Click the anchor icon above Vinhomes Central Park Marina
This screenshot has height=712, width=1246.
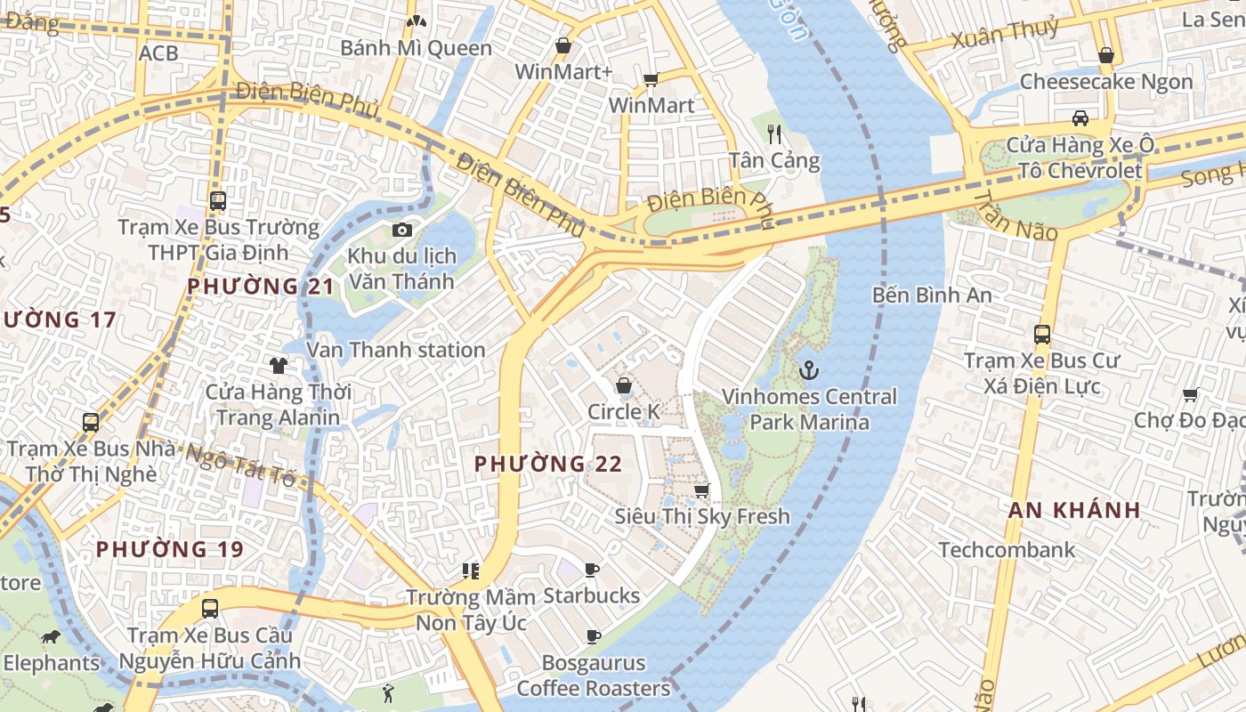[809, 370]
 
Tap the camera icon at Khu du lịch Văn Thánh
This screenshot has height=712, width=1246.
[401, 231]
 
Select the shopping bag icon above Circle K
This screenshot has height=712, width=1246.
[624, 385]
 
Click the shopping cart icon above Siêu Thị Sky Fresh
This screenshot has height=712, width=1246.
[702, 490]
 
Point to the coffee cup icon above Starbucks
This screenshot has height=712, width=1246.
[592, 570]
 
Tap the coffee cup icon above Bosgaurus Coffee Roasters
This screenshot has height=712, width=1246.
[594, 636]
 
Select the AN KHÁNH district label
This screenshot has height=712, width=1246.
[1074, 510]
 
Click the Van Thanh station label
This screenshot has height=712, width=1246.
[396, 350]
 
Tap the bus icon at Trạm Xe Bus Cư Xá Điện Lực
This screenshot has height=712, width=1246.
[1042, 335]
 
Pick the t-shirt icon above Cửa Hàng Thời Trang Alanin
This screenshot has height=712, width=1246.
[279, 365]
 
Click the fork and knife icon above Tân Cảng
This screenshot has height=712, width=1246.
[774, 134]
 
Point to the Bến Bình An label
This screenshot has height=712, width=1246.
[932, 295]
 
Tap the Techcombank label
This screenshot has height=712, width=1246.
[1007, 550]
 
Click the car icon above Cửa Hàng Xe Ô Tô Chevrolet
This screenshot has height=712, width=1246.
[1080, 118]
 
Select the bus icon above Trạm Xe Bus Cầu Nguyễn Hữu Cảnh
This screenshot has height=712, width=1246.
[210, 609]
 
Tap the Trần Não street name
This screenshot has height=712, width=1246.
[1014, 216]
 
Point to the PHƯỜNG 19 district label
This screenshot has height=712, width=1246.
[169, 549]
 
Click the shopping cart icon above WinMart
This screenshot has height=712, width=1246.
[651, 80]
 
